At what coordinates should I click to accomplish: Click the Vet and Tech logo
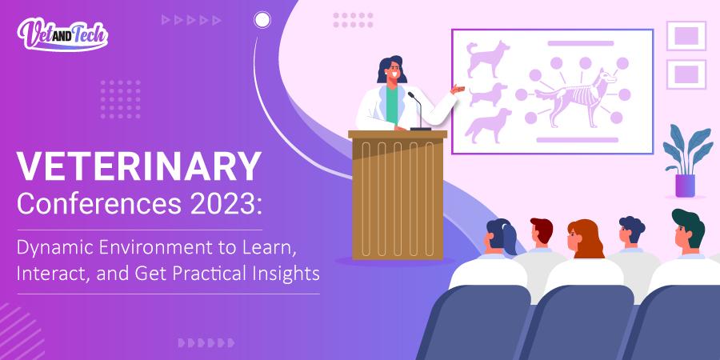62,34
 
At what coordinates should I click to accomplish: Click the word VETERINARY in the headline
139,167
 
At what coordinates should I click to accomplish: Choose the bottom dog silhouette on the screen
489,126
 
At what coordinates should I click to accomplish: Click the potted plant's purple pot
685,185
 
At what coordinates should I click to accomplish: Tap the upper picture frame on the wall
686,36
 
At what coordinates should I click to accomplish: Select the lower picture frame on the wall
686,74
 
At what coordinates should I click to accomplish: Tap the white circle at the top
262,20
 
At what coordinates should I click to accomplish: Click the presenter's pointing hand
458,88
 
